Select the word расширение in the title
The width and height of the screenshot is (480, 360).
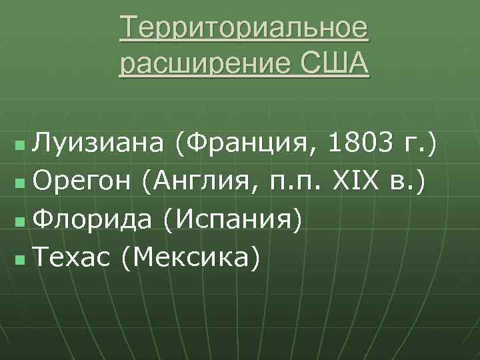click(x=201, y=65)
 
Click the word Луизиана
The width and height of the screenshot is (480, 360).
click(x=100, y=142)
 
